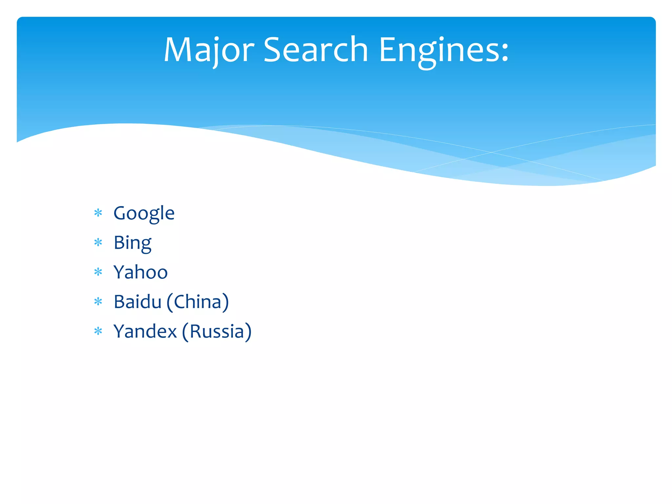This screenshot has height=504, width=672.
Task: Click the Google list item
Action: tap(144, 213)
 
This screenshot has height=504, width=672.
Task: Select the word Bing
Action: tap(133, 243)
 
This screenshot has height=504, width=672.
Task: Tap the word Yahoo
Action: tap(140, 272)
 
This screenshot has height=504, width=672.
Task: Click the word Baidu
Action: tap(137, 302)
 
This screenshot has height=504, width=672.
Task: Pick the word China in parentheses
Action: tap(198, 302)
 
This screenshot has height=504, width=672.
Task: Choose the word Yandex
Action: tap(145, 331)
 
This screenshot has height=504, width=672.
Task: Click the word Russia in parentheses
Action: tap(217, 331)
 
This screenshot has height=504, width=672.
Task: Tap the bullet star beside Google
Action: tap(98, 213)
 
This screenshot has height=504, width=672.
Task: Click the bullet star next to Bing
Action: tap(98, 243)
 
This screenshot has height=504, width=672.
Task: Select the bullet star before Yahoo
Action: tap(98, 272)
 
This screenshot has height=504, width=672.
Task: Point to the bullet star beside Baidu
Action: tap(98, 302)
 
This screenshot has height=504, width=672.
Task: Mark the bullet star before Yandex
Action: tap(98, 331)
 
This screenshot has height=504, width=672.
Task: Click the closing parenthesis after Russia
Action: tap(248, 332)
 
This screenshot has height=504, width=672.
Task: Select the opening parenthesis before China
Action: tap(170, 302)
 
